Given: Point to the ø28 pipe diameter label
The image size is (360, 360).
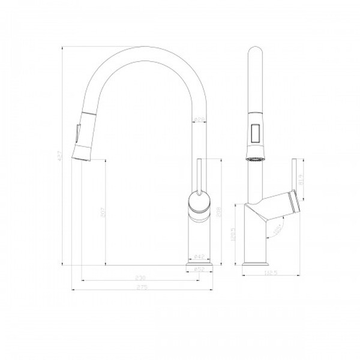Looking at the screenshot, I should (x=199, y=120).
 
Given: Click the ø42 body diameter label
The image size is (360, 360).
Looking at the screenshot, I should (x=200, y=257).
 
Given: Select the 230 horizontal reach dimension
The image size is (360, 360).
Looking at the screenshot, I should (x=140, y=278).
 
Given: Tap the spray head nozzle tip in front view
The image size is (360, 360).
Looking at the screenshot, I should (x=82, y=155).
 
